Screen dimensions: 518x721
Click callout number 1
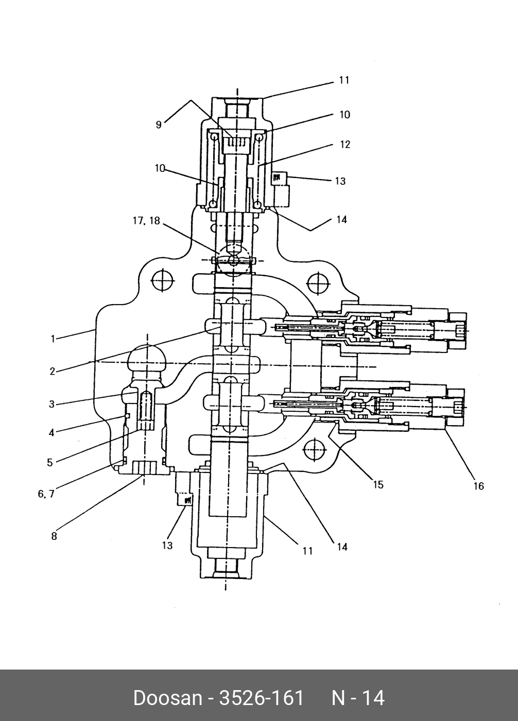tap(53, 339)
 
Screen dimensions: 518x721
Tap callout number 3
tap(52, 405)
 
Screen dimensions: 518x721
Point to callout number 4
tap(51, 433)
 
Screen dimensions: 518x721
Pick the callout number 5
tap(49, 463)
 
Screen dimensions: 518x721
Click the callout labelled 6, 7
tap(46, 494)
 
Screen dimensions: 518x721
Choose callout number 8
tap(54, 536)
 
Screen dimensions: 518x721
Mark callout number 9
tap(159, 125)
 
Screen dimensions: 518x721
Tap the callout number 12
tap(346, 145)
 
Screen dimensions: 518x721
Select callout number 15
tap(378, 484)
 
